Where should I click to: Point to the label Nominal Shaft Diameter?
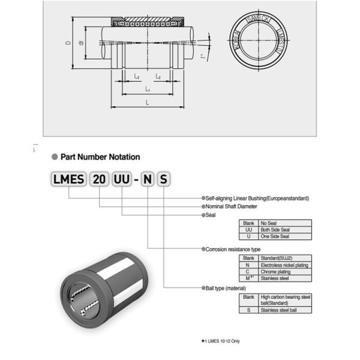tap(232, 206)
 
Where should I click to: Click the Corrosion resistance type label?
tap(233, 248)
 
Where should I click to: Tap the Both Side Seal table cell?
tap(285, 230)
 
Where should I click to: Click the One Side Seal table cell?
tap(285, 236)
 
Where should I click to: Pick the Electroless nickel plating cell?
tap(285, 265)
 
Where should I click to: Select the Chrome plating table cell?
tap(285, 272)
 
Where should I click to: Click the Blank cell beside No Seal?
tap(248, 223)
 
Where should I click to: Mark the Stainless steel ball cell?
tap(285, 310)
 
